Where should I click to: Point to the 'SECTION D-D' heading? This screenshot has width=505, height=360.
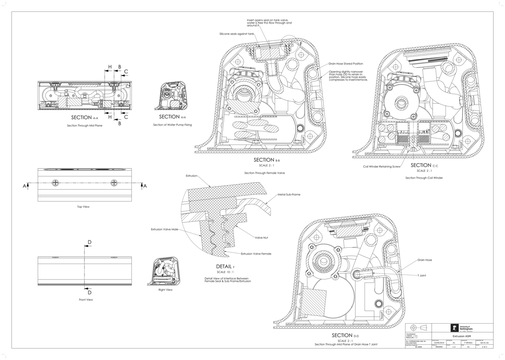346,335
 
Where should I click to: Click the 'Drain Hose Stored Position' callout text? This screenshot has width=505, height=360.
346,64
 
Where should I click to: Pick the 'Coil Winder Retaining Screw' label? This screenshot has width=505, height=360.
381,166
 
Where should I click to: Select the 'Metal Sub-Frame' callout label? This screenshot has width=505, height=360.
289,195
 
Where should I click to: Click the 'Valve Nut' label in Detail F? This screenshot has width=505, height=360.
261,238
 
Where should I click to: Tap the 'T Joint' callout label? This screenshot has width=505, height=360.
421,275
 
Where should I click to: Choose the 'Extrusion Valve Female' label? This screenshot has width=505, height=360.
256,254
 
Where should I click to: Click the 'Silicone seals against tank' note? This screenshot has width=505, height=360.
236,34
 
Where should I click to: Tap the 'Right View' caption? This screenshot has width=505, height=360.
165,290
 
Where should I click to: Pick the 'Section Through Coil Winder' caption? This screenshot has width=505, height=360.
424,178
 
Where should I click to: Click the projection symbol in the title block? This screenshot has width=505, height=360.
418,328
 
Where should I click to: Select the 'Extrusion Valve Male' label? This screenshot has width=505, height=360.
165,230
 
